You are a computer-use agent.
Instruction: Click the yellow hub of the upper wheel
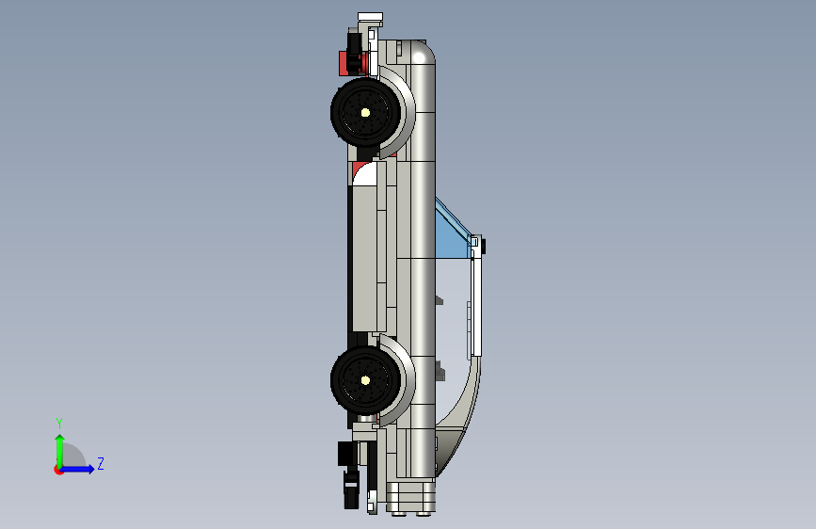point(365,112)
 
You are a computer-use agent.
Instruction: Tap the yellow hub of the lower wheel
point(365,380)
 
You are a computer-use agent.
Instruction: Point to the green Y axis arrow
point(60,451)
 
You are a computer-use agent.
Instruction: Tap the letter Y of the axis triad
point(59,424)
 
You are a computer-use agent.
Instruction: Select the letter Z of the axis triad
point(101,463)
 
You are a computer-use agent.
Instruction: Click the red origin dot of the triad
point(57,470)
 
